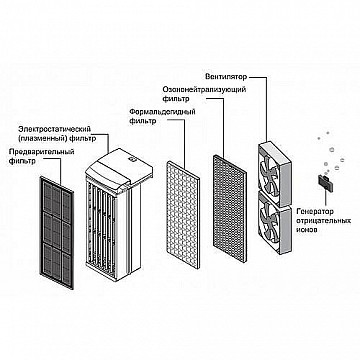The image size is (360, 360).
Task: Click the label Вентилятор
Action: click(x=226, y=77)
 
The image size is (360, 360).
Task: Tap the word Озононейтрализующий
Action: click(x=204, y=90)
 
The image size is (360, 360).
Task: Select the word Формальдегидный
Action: click(x=162, y=112)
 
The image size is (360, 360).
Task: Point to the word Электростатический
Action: click(x=55, y=129)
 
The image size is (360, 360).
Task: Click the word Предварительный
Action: click(x=42, y=152)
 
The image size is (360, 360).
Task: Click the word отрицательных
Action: click(x=323, y=221)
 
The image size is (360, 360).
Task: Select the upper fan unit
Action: click(x=274, y=173)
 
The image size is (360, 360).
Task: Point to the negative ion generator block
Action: click(x=324, y=183)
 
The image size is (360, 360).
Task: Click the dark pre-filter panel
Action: click(x=57, y=232)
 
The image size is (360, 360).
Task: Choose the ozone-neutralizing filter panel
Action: click(x=230, y=208)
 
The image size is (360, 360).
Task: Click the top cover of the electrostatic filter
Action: click(x=119, y=169)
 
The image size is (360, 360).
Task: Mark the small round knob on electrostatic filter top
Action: click(x=130, y=160)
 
